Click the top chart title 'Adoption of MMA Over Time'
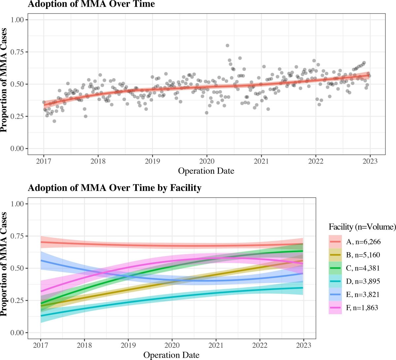91,4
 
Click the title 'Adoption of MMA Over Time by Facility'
115,188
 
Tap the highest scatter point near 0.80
227,45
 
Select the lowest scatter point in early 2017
54,121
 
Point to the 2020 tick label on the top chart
207,162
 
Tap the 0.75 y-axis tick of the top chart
17,52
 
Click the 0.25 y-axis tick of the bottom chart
17,300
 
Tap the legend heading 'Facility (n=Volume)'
362,227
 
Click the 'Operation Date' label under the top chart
206,171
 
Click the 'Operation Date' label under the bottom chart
171,355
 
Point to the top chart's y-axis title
5,84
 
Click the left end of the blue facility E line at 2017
41,260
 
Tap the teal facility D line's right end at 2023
302,288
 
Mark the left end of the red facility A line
41,242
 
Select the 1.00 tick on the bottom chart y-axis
17,204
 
